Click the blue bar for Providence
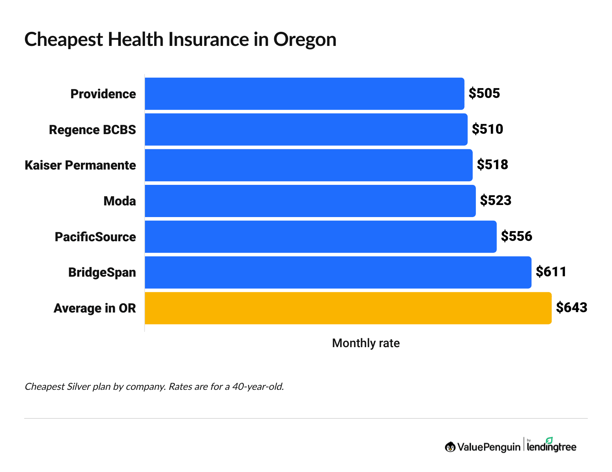304,93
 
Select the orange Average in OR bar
348,308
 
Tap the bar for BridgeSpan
338,272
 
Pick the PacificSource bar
320,237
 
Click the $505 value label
484,93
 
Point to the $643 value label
571,308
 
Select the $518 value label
492,165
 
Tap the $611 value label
551,272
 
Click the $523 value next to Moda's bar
496,201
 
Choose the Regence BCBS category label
92,130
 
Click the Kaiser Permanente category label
80,165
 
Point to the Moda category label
120,201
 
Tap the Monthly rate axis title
366,343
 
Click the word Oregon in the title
305,39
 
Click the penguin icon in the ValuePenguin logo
450,447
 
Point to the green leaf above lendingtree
549,440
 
